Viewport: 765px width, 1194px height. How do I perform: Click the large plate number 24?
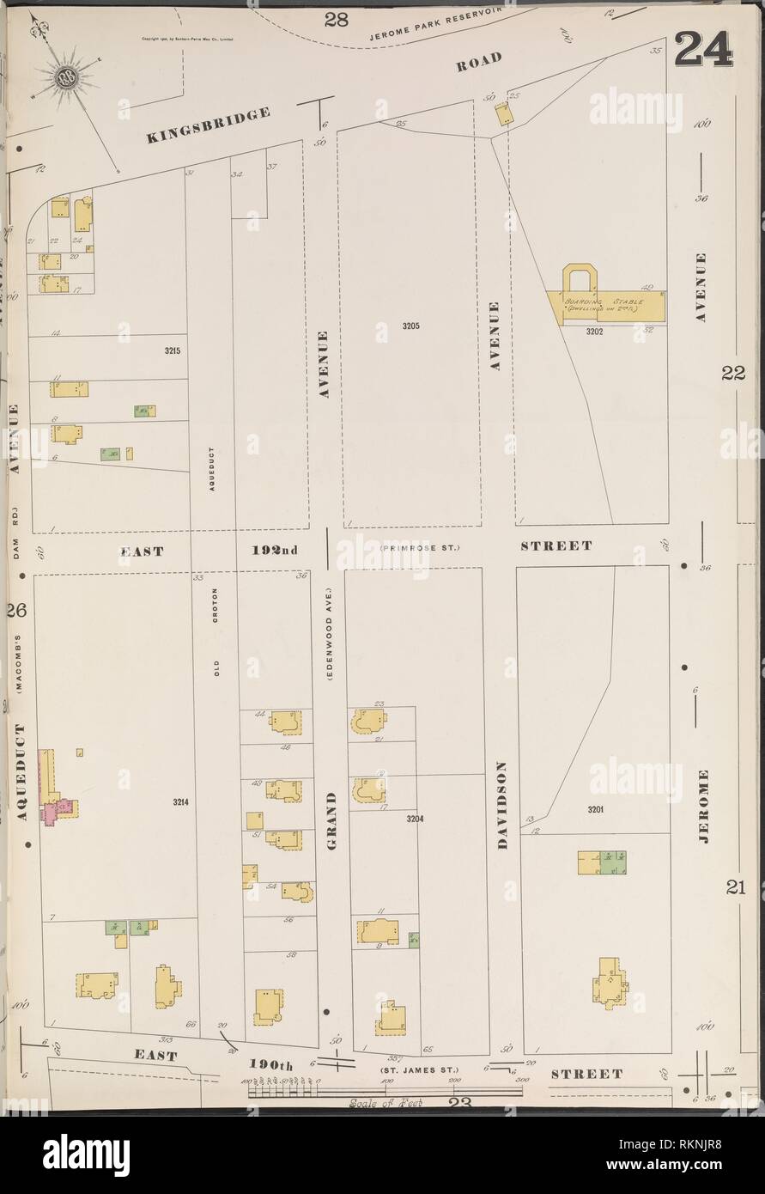(x=704, y=50)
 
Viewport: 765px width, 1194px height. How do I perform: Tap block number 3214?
(x=179, y=801)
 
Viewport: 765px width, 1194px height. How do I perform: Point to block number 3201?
(x=597, y=809)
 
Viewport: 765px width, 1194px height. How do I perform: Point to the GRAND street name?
(x=331, y=819)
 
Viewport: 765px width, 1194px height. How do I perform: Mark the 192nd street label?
(x=275, y=549)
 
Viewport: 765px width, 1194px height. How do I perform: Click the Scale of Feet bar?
(x=385, y=1091)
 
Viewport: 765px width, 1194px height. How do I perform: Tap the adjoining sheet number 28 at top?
(x=336, y=19)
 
